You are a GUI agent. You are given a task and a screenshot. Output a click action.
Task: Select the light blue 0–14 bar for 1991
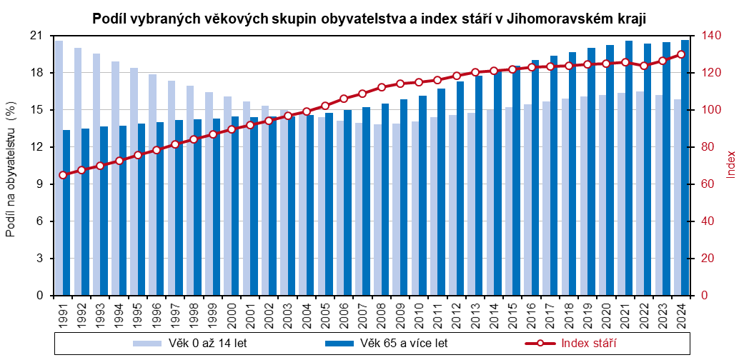click(x=59, y=168)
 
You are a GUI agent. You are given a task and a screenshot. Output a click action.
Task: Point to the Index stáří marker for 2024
click(x=681, y=54)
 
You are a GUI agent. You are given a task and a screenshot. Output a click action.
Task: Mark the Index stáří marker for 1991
click(x=63, y=175)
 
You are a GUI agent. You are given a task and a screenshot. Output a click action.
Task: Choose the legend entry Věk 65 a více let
click(x=386, y=344)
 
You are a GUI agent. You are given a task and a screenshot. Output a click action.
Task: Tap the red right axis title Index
click(x=730, y=164)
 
